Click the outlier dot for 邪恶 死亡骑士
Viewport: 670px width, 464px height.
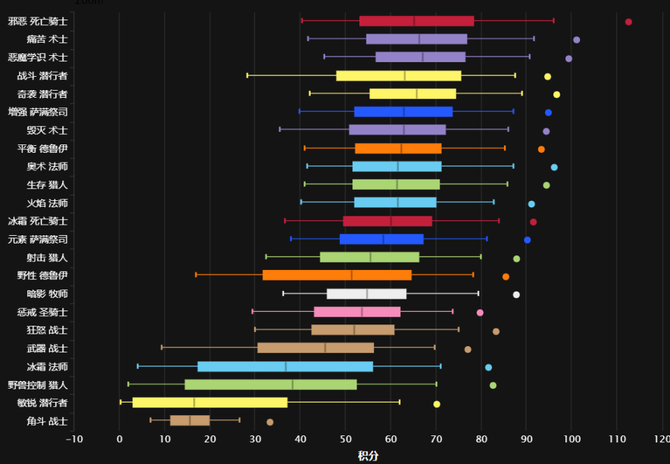tap(628, 22)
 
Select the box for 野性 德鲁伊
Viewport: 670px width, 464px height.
tap(337, 276)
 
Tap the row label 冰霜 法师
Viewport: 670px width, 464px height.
tap(47, 366)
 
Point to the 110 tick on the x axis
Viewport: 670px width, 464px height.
tap(617, 438)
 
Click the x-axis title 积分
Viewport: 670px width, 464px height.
tap(368, 456)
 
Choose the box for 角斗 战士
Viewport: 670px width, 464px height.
tap(190, 421)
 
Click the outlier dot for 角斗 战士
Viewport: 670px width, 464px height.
tap(270, 422)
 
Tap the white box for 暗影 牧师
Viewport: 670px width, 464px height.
tap(366, 294)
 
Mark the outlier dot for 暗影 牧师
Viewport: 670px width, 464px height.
tap(516, 294)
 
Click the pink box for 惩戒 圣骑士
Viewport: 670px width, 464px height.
tap(357, 312)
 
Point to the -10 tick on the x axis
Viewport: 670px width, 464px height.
tap(74, 438)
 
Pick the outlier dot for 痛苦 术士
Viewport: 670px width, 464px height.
tap(576, 40)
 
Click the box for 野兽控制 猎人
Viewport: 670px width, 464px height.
tap(271, 384)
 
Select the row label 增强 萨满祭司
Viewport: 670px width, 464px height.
tap(38, 112)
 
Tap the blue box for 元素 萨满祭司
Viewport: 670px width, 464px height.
tap(382, 239)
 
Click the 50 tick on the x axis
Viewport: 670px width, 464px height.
tap(345, 438)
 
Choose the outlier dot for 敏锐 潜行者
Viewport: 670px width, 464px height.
tap(437, 404)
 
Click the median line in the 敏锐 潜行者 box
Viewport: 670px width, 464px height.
tap(194, 403)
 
